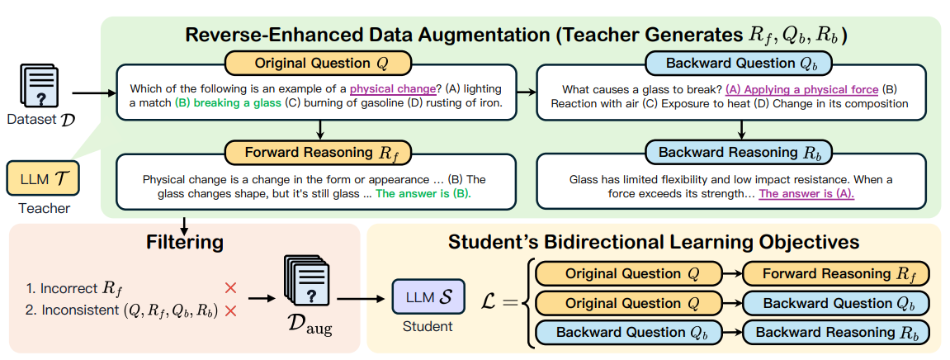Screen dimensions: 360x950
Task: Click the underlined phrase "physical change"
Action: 392,89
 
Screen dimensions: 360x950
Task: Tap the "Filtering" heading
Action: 185,243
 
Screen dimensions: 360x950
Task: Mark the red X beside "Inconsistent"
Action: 230,311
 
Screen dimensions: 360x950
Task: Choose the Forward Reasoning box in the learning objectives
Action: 834,273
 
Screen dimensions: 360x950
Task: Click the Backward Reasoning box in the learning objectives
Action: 834,333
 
